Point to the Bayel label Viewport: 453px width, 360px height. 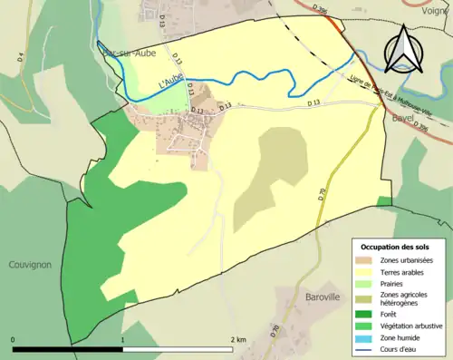pyautogui.click(x=403, y=117)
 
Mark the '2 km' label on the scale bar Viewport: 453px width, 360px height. pyautogui.click(x=239, y=339)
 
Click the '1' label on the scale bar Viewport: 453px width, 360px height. pyautogui.click(x=122, y=339)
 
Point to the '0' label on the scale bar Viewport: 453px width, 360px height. pyautogui.click(x=13, y=339)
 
